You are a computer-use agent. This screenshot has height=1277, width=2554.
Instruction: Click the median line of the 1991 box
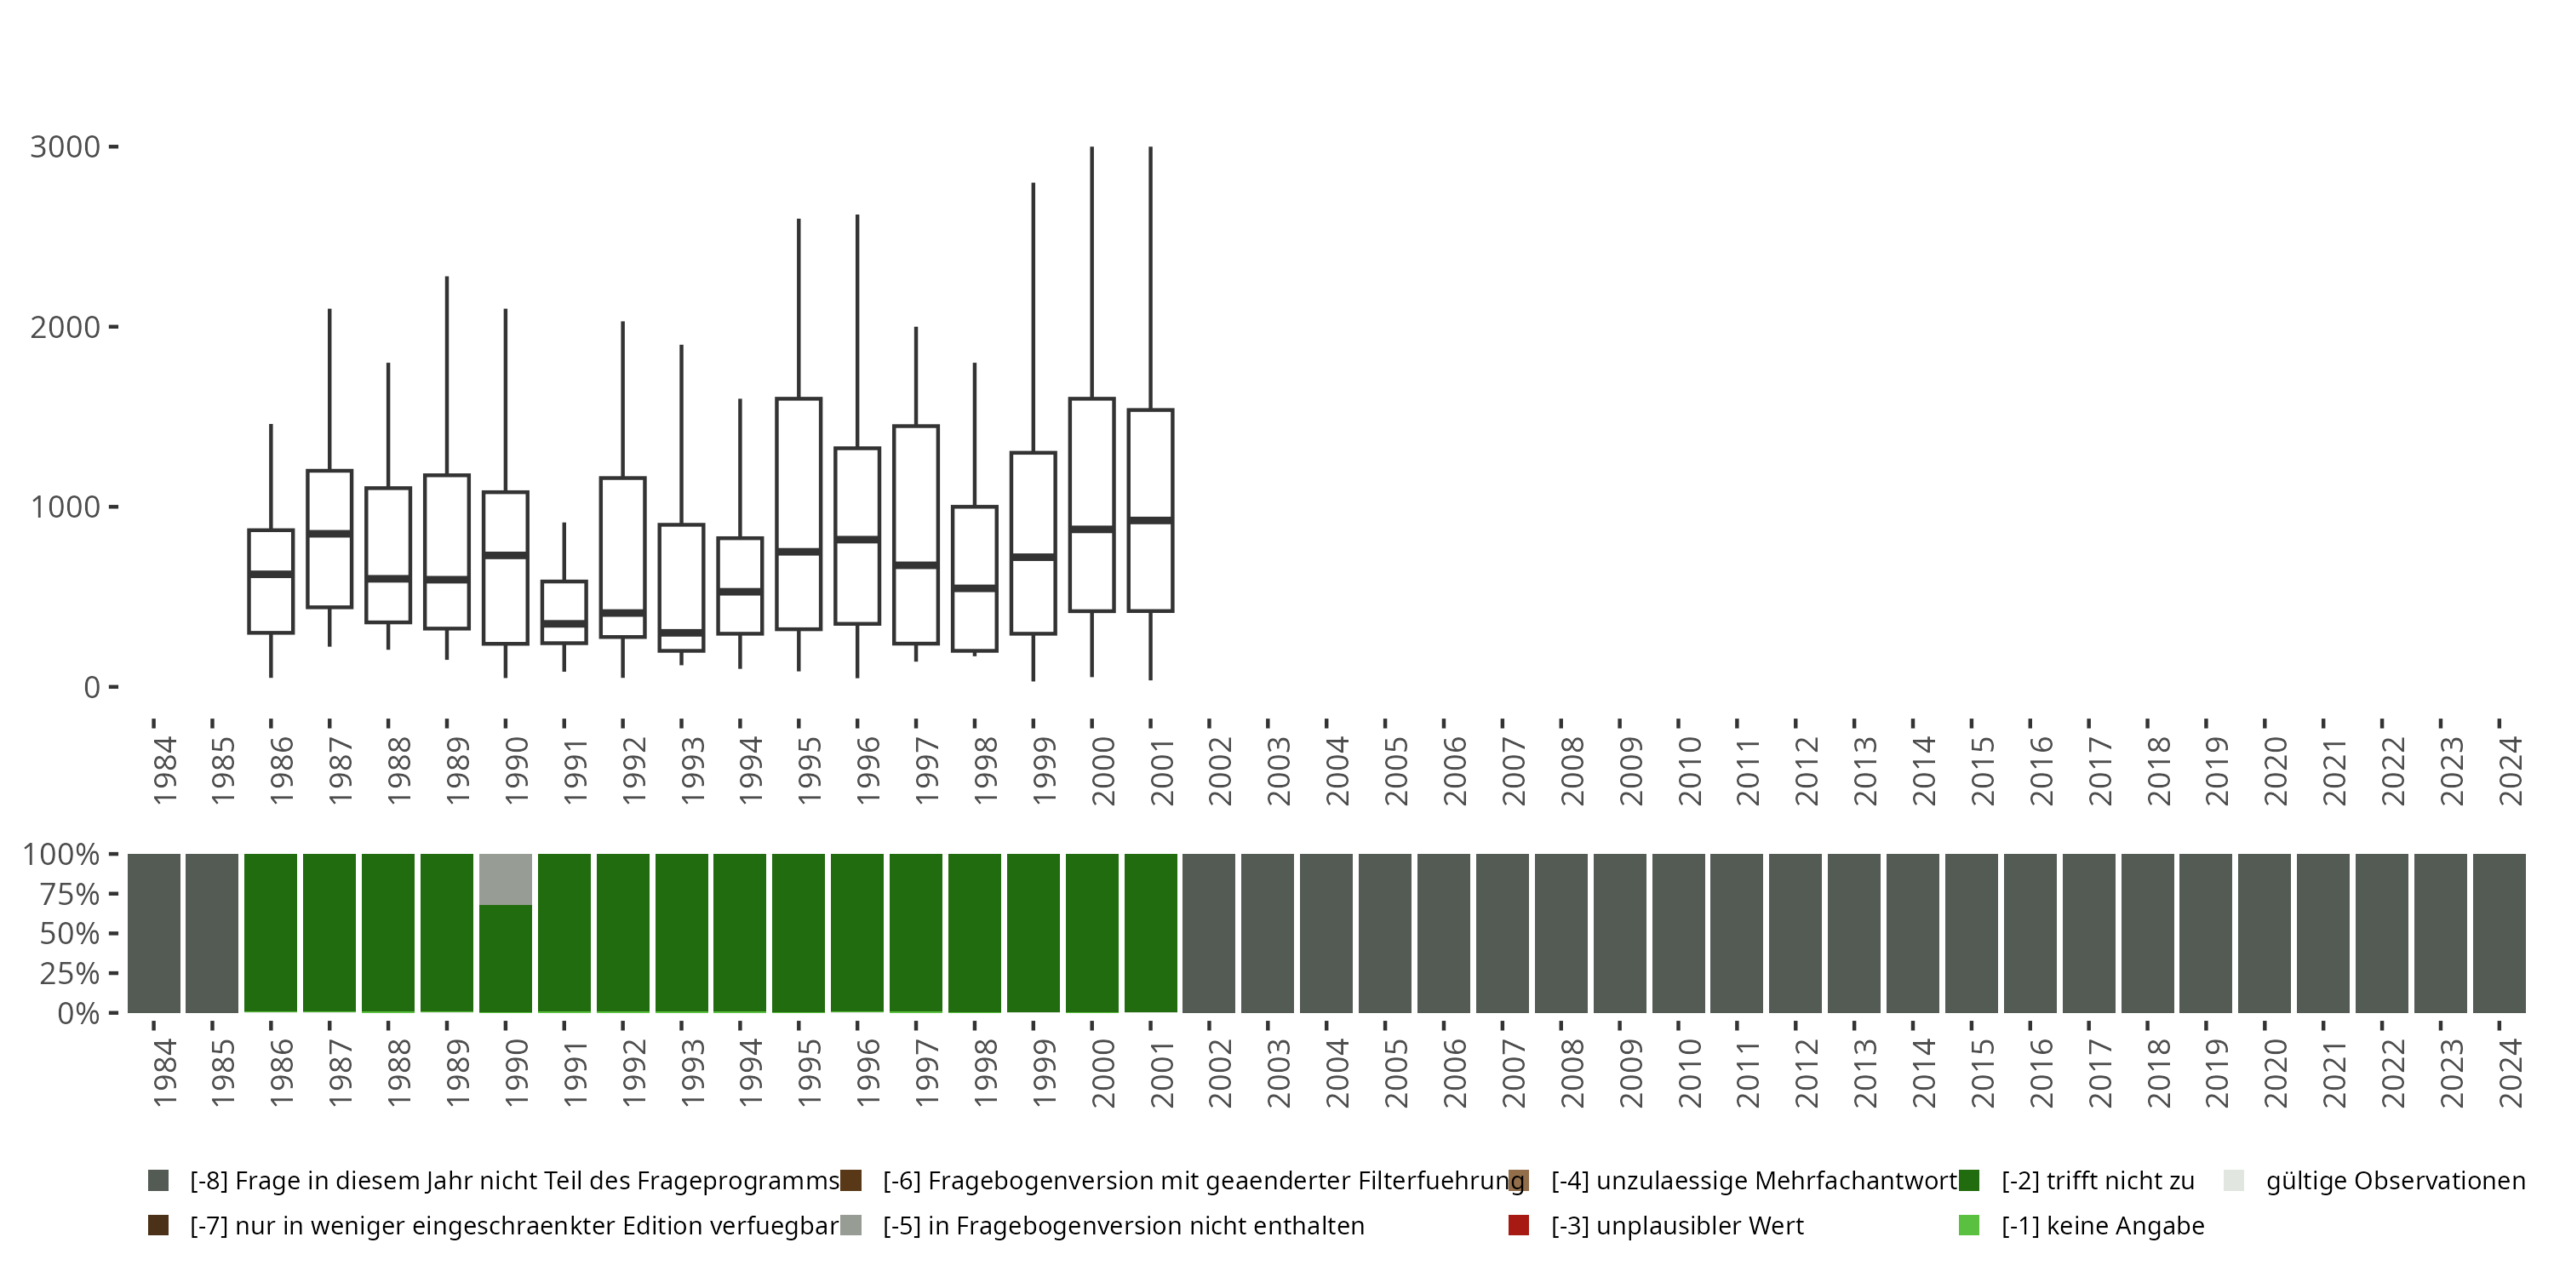point(564,624)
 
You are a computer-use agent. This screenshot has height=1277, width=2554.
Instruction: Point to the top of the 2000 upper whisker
point(1091,148)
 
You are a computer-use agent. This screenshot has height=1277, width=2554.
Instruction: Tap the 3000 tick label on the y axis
point(66,148)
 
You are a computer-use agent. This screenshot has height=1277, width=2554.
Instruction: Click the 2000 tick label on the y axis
point(66,327)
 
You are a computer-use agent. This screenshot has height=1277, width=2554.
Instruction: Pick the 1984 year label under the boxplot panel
point(164,770)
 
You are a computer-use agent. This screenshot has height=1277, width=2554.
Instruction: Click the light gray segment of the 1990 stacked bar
point(506,879)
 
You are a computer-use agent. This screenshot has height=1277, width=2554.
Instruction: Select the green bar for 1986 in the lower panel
point(271,933)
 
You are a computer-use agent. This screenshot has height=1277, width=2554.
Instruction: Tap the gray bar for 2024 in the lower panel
point(2499,933)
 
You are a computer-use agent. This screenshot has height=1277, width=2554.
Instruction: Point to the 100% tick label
point(61,855)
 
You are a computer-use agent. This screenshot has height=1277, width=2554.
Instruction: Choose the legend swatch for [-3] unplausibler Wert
point(1518,1225)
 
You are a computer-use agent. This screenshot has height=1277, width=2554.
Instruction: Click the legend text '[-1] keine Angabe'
point(2102,1225)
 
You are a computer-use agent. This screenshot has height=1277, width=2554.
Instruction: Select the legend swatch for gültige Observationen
point(2234,1181)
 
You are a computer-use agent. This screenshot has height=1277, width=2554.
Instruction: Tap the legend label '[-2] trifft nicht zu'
point(2097,1181)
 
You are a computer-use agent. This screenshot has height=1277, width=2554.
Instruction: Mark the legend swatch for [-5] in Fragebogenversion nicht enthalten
point(850,1225)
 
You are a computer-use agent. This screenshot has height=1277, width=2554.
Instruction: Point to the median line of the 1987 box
point(329,534)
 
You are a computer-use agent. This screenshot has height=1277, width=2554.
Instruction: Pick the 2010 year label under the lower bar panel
point(1689,1074)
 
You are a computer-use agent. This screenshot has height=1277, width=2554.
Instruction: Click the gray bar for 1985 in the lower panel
point(212,933)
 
